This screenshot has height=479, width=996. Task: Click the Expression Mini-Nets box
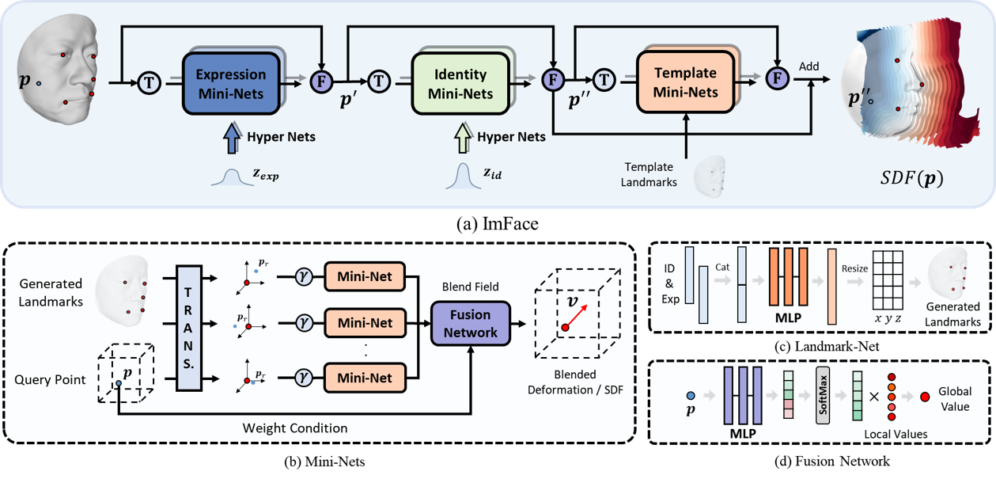coord(231,83)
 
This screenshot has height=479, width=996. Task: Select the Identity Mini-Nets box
coord(460,84)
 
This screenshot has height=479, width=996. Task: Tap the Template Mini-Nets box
coord(685,82)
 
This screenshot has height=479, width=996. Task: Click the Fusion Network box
coord(471,322)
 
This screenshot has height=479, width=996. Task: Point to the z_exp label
coord(265,176)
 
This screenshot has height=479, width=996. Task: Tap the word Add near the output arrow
coord(809,67)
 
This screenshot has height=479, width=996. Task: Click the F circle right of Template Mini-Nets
coord(778,79)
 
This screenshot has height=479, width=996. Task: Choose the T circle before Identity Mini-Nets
coord(378,80)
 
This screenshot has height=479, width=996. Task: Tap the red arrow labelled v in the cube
coord(577,316)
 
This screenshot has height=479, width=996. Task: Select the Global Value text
coord(954,397)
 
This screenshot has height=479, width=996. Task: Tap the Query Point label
coord(50,380)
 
